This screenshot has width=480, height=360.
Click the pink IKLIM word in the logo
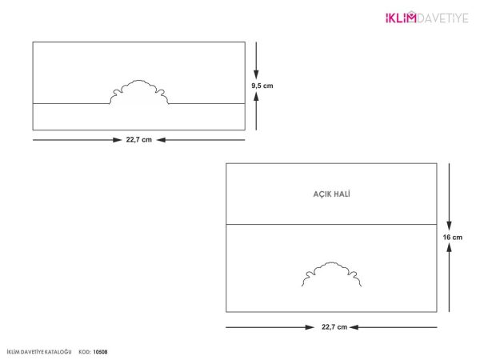(401, 18)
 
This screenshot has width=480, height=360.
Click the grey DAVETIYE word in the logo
(442, 18)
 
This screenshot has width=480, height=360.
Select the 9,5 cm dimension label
(262, 86)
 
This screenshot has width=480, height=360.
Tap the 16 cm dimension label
(453, 238)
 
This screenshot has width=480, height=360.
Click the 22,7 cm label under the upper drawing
(139, 140)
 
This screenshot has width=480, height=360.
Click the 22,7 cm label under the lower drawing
(334, 327)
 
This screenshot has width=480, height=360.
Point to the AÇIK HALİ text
(331, 194)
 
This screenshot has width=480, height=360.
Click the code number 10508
(101, 352)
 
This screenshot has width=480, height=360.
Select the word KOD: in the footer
(85, 352)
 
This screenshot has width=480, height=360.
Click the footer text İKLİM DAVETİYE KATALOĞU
(39, 352)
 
